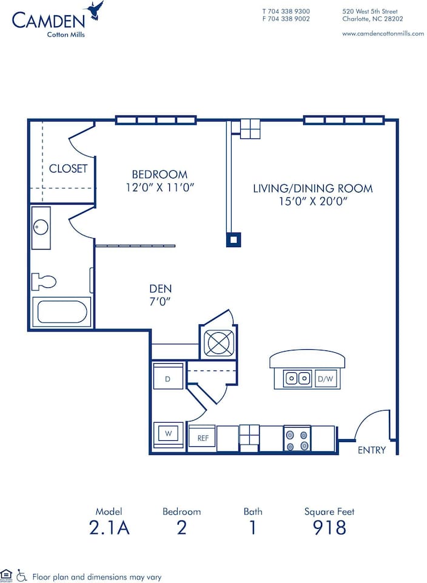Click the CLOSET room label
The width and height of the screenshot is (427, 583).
tap(68, 169)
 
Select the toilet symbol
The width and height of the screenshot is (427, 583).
tap(44, 281)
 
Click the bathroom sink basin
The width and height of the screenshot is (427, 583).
tap(41, 227)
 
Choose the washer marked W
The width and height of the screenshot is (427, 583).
tap(167, 434)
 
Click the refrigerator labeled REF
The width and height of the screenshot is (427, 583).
tap(202, 437)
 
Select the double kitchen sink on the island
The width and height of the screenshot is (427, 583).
tap(297, 379)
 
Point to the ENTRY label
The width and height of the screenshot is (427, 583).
tap(371, 450)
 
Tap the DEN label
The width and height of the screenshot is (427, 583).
tap(161, 289)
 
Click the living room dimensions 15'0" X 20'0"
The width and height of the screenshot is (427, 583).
tap(312, 202)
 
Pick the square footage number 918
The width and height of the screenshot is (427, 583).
tap(329, 528)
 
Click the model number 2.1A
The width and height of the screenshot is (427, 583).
tap(109, 528)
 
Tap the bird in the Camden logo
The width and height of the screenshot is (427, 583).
tap(95, 10)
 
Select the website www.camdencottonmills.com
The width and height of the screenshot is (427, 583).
tap(383, 33)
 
